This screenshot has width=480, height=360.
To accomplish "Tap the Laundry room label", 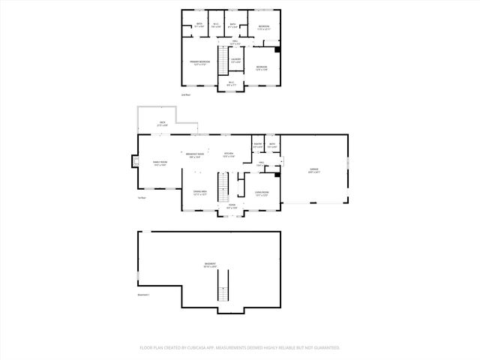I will pyautogui.click(x=235, y=60).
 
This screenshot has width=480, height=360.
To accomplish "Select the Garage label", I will pyautogui.click(x=313, y=170).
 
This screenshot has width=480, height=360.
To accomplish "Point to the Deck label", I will pyautogui.click(x=162, y=124).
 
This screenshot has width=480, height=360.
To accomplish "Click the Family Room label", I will pyautogui.click(x=160, y=163).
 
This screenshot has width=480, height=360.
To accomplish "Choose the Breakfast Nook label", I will pyautogui.click(x=196, y=155).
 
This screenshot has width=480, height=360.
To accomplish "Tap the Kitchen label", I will pyautogui.click(x=229, y=155).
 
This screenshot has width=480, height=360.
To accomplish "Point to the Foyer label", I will pyautogui.click(x=232, y=207).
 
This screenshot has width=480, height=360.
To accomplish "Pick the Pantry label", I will pyautogui.click(x=257, y=145).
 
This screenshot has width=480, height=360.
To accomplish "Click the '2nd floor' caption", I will pyautogui.click(x=186, y=95).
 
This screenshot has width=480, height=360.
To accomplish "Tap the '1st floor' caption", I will pyautogui.click(x=141, y=198).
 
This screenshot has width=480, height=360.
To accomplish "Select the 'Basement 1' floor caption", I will pyautogui.click(x=143, y=295).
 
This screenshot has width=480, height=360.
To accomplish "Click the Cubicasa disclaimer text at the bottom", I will pyautogui.click(x=240, y=348).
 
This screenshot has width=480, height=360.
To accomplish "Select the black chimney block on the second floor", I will pyautogui.click(x=277, y=50).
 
